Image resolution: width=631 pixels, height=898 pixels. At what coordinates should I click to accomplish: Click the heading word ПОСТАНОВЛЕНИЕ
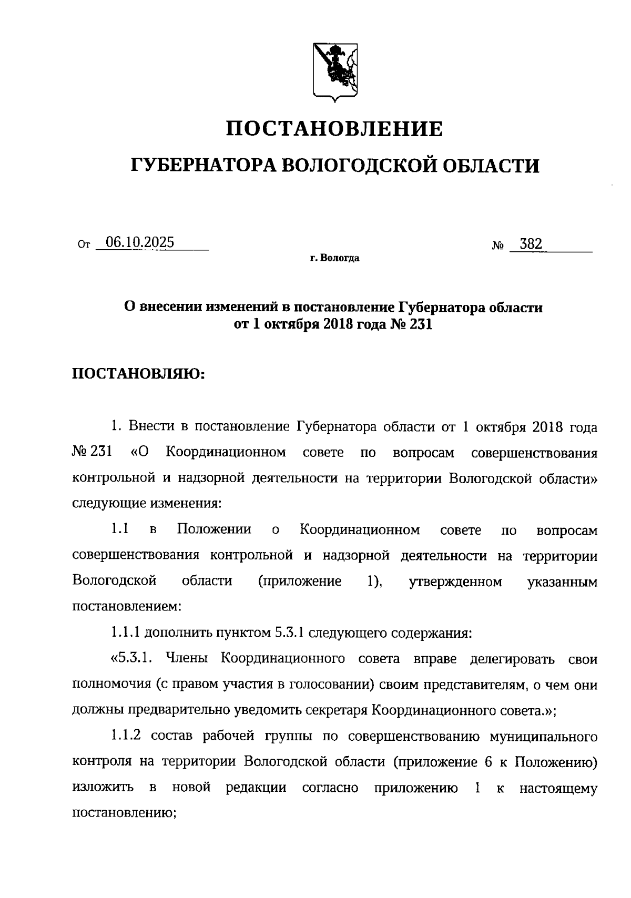pos(334,129)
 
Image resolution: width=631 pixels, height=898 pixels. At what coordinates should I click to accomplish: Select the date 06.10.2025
pos(140,242)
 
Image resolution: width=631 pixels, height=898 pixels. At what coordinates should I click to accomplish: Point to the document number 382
pos(531,244)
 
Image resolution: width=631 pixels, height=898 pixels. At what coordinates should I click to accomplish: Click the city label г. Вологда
pos(334,258)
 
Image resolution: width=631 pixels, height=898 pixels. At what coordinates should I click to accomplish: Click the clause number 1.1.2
pos(127,736)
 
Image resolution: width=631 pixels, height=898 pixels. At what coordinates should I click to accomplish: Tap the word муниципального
pos(543,736)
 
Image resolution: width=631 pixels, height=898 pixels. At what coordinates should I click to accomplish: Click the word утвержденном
pos(455,581)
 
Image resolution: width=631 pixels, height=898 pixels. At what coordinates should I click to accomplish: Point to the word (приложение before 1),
pos(300,581)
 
